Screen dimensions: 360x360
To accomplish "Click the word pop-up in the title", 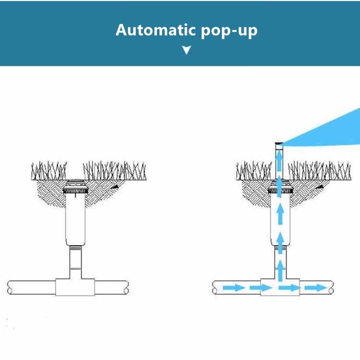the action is pyautogui.click(x=229, y=31).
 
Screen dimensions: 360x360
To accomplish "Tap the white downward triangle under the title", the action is pyautogui.click(x=186, y=50).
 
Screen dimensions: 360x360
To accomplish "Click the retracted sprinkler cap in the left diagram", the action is pyautogui.click(x=75, y=186).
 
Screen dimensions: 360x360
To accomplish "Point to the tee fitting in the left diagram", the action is pyautogui.click(x=75, y=287).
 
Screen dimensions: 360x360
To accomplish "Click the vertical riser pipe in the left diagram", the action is pyautogui.click(x=75, y=262).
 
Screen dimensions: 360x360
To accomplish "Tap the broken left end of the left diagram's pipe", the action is pyautogui.click(x=10, y=288).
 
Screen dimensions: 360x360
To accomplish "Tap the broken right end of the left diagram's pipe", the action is pyautogui.click(x=126, y=288).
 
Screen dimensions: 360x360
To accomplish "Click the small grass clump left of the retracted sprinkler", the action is pyautogui.click(x=49, y=170).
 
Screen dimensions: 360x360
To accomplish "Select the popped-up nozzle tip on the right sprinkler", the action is pyautogui.click(x=279, y=144).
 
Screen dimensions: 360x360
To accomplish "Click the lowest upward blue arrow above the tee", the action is pyautogui.click(x=280, y=270).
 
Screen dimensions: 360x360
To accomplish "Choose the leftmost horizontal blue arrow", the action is pyautogui.click(x=234, y=288).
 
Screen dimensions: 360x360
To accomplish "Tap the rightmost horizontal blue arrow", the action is pyautogui.click(x=315, y=288).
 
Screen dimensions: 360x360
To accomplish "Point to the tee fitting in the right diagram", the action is pyautogui.click(x=280, y=287).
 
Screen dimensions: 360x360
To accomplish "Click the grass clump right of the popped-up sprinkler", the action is pyautogui.click(x=319, y=170).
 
